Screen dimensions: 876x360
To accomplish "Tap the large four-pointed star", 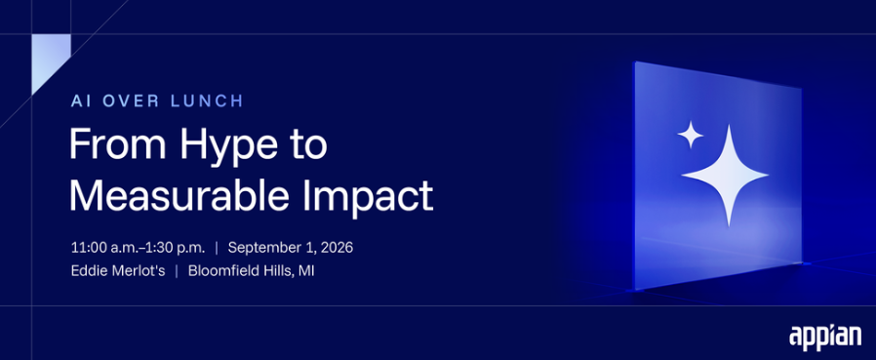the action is pyautogui.click(x=726, y=176).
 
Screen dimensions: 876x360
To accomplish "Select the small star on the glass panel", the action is pyautogui.click(x=691, y=135).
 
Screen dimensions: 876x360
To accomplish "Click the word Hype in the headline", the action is pyautogui.click(x=232, y=144).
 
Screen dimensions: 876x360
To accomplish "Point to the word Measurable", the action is pyautogui.click(x=179, y=194).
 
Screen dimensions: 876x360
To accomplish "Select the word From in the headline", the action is pyautogui.click(x=118, y=143).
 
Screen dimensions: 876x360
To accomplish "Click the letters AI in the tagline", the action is pyautogui.click(x=80, y=101).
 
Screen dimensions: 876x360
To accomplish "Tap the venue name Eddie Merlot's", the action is pyautogui.click(x=118, y=271).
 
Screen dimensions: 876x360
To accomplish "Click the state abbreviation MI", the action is pyautogui.click(x=306, y=271).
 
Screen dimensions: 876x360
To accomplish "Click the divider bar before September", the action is pyautogui.click(x=217, y=248).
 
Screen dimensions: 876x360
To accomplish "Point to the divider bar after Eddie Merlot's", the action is pyautogui.click(x=177, y=271).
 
